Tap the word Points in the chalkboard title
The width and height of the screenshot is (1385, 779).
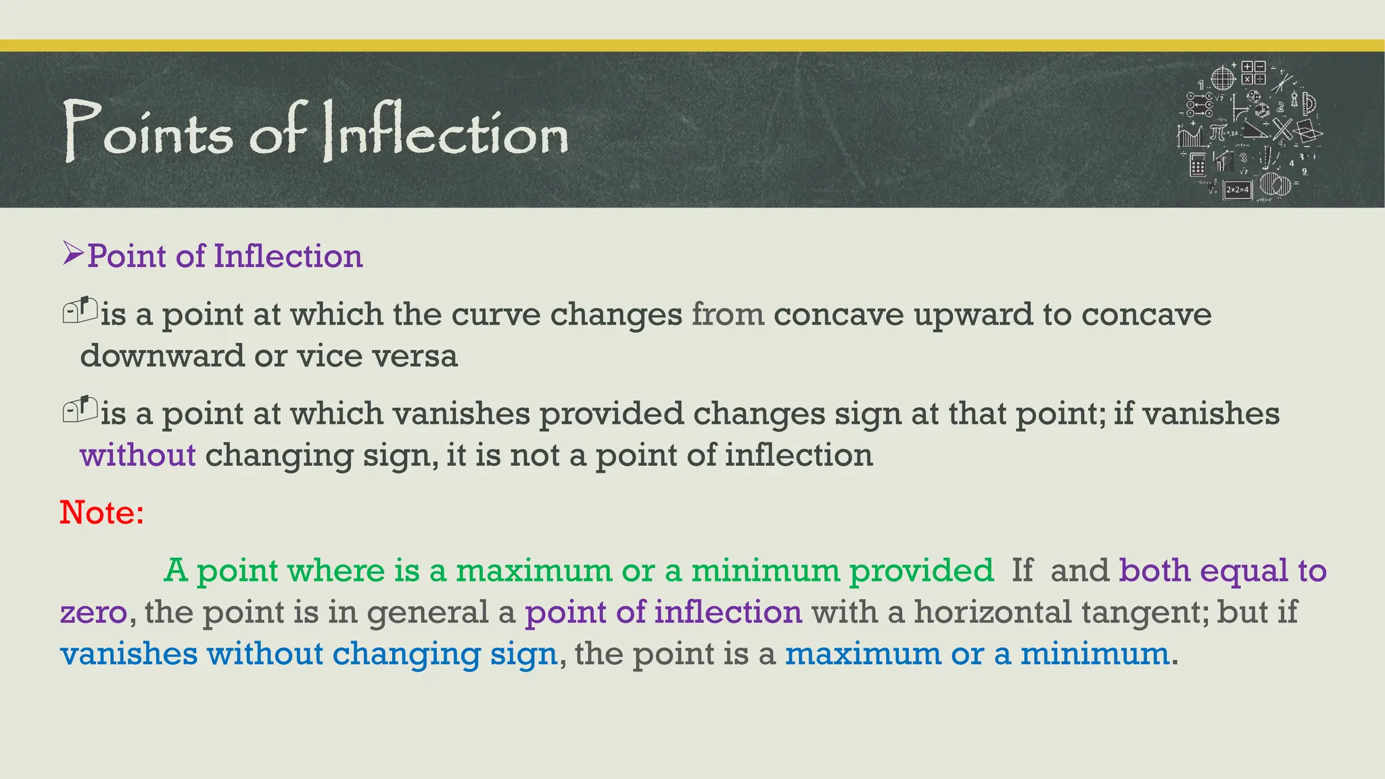click(x=148, y=132)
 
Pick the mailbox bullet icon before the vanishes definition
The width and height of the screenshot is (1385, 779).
click(x=80, y=409)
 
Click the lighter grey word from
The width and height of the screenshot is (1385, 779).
click(x=728, y=314)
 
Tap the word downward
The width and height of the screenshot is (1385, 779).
click(x=162, y=356)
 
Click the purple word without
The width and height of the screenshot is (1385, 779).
click(x=138, y=455)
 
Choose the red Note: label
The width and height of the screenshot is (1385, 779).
click(x=101, y=512)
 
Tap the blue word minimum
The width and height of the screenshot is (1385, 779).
click(x=1095, y=654)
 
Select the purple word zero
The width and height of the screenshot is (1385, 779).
click(x=93, y=613)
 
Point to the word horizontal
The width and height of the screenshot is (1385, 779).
click(x=993, y=612)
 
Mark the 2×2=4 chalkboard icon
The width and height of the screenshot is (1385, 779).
click(x=1237, y=190)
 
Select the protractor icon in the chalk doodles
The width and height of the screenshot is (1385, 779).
click(x=1309, y=105)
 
